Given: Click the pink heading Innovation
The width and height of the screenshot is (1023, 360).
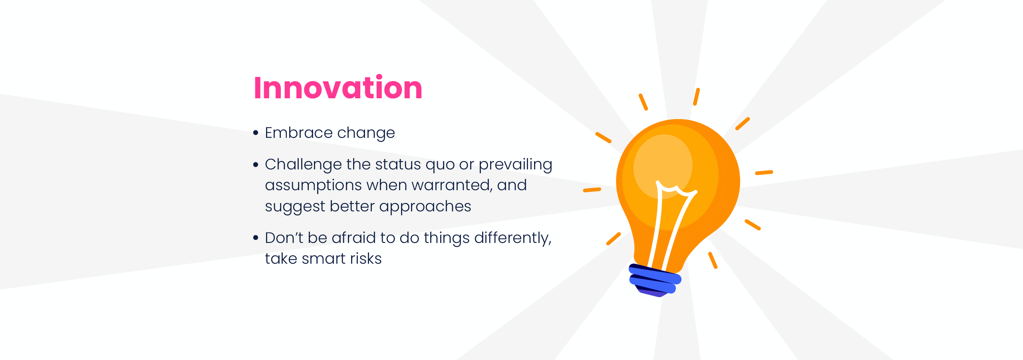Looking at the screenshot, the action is [338, 88].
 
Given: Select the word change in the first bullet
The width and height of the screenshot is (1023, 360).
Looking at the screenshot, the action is [366, 133].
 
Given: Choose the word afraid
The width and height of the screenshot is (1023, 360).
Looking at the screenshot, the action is [354, 237].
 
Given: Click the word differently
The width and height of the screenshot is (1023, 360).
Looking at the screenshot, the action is [513, 239].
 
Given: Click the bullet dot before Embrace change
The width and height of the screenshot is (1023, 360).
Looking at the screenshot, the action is [256, 133].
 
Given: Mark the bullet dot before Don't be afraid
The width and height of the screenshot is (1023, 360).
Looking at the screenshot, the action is [256, 238].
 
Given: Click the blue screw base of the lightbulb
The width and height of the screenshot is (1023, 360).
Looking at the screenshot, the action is [655, 280].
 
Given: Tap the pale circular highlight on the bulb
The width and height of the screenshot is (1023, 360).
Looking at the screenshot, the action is [663, 166].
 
